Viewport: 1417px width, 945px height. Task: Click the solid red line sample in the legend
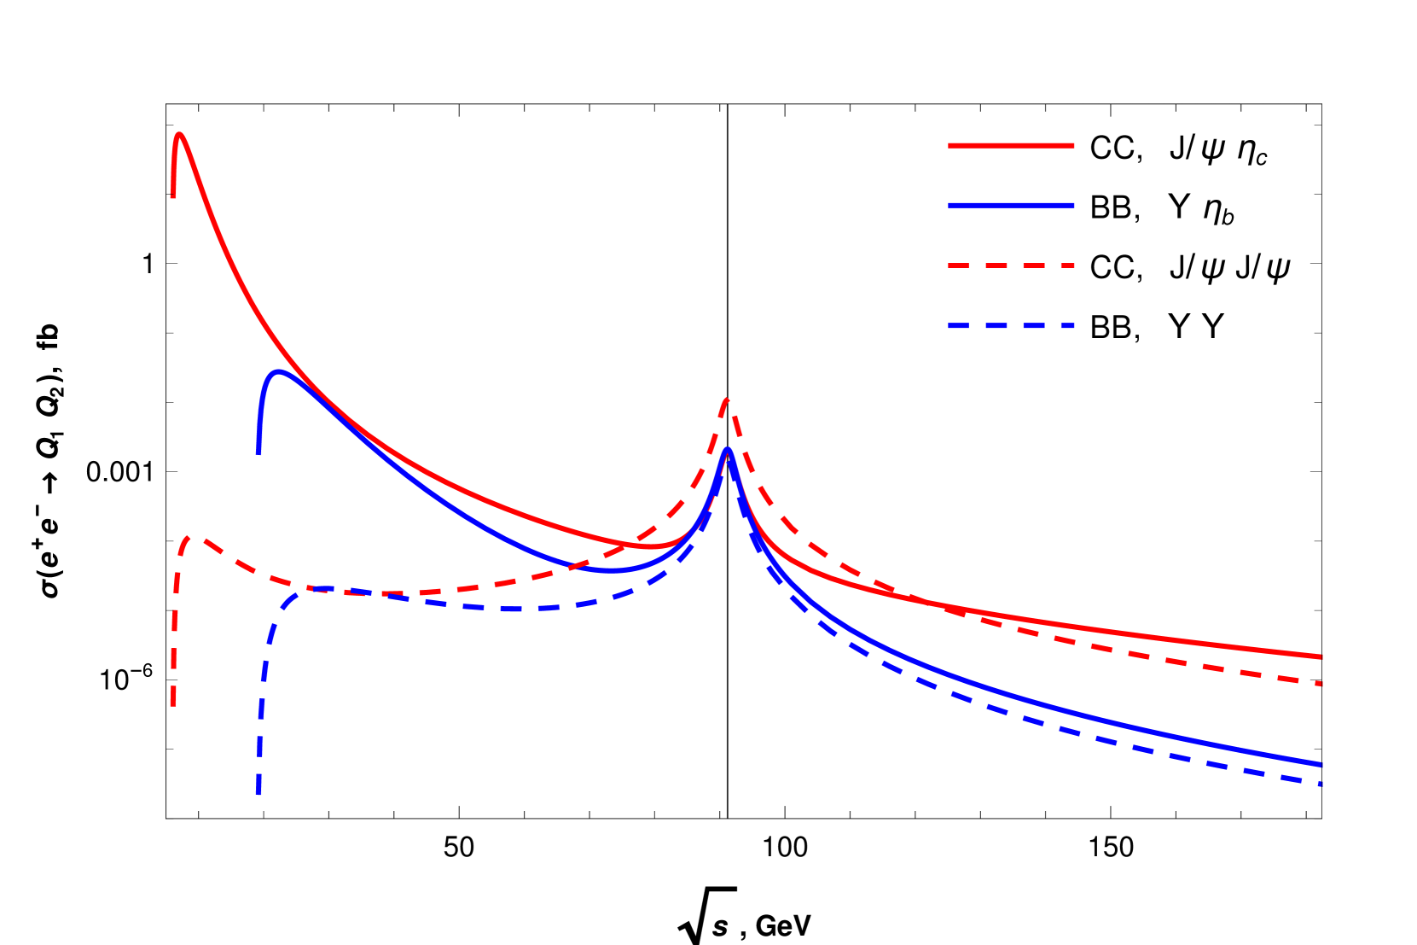pyautogui.click(x=1011, y=146)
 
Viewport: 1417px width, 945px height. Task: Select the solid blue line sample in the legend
pyautogui.click(x=1011, y=206)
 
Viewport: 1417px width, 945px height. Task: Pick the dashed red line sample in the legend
pyautogui.click(x=1011, y=265)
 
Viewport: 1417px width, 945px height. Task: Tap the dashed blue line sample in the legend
pyautogui.click(x=1011, y=326)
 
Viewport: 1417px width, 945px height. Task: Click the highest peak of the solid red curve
pyautogui.click(x=179, y=134)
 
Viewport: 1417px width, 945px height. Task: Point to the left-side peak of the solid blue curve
pyautogui.click(x=278, y=371)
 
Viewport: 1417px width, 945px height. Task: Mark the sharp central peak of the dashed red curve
pyautogui.click(x=727, y=399)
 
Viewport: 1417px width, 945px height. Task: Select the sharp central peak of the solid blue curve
pyautogui.click(x=728, y=449)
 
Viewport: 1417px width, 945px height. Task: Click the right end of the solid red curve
pyautogui.click(x=1321, y=657)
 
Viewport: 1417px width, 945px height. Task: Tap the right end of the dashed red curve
pyautogui.click(x=1321, y=684)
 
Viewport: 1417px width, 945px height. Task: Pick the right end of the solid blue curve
pyautogui.click(x=1321, y=764)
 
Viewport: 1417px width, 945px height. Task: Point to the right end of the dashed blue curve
pyautogui.click(x=1321, y=784)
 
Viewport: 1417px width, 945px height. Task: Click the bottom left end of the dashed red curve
pyautogui.click(x=173, y=705)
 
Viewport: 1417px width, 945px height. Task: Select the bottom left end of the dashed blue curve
pyautogui.click(x=258, y=793)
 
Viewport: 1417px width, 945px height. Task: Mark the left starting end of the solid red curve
pyautogui.click(x=173, y=197)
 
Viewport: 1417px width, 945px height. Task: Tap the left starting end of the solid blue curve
pyautogui.click(x=258, y=452)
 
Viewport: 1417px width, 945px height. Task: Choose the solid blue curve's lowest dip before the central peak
pyautogui.click(x=611, y=570)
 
